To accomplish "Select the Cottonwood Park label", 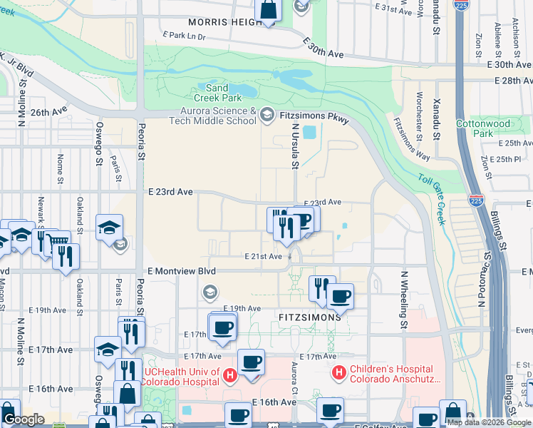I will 483,128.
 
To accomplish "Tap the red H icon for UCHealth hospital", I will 229,374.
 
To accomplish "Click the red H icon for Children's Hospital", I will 340,372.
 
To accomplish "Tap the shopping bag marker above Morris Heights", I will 269,11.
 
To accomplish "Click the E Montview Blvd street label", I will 181,271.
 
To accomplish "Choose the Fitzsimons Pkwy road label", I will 318,116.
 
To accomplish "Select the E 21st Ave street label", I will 264,256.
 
